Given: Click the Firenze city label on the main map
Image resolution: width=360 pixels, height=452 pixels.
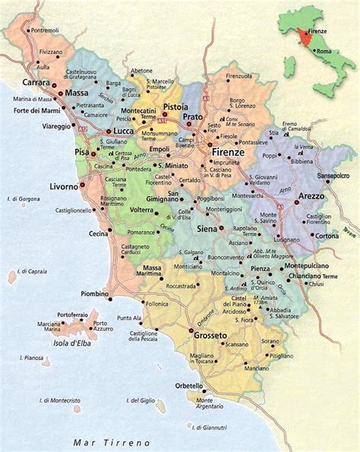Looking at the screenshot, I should [x=227, y=152].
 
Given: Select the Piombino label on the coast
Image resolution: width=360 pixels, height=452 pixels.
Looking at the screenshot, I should [x=93, y=293].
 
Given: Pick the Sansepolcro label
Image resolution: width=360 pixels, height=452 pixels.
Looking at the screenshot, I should [x=333, y=174].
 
